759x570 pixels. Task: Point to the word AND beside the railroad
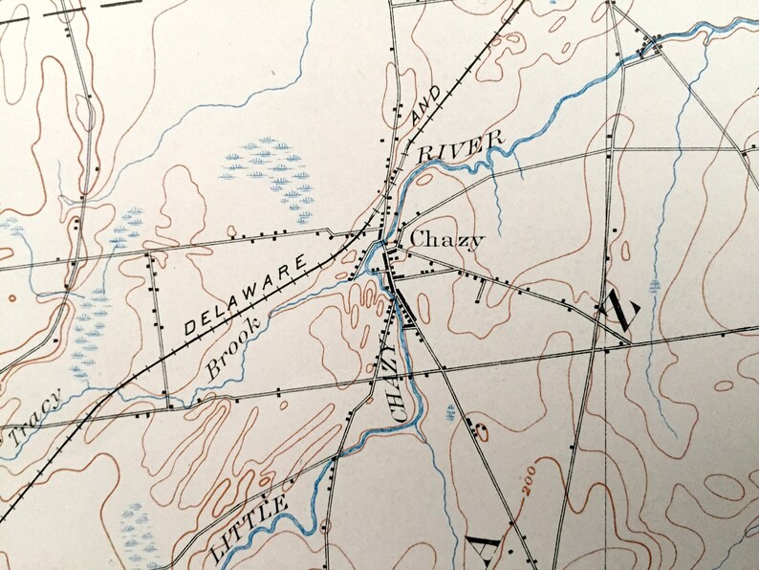pyautogui.click(x=427, y=103)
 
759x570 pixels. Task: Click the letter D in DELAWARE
pyautogui.click(x=188, y=328)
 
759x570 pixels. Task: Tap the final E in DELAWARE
pyautogui.click(x=302, y=260)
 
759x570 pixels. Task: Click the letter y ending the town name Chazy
pyautogui.click(x=477, y=242)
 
